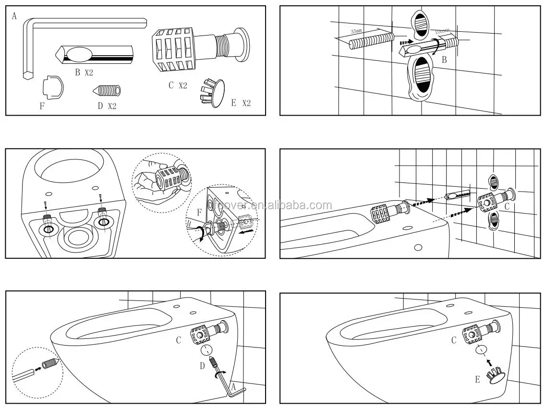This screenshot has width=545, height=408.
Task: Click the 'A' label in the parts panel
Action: tap(14, 16)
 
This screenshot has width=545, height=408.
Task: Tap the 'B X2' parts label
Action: tap(84, 72)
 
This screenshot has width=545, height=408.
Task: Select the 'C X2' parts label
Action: tap(177, 85)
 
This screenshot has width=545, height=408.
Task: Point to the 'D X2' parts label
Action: tap(107, 106)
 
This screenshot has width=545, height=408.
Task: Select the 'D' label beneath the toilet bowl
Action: tap(203, 366)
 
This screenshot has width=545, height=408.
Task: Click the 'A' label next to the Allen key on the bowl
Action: tap(233, 387)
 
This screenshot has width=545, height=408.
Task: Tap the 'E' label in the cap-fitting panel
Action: tap(478, 380)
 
